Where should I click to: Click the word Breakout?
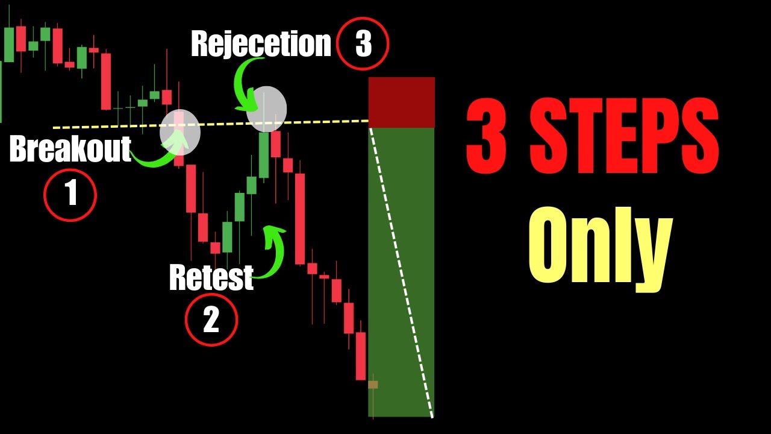click(x=70, y=149)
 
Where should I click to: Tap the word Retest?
click(x=211, y=277)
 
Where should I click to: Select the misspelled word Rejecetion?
click(x=261, y=44)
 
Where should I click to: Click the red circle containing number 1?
click(x=70, y=195)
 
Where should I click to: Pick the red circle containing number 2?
click(x=211, y=320)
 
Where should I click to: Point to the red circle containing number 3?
click(x=363, y=44)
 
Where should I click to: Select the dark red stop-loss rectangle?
click(x=401, y=101)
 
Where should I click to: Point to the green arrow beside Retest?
click(x=274, y=250)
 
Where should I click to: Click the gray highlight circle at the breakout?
click(x=179, y=132)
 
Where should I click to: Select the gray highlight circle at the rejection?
click(x=267, y=109)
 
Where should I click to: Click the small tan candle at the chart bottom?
click(x=373, y=384)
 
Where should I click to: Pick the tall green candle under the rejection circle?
click(x=263, y=155)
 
